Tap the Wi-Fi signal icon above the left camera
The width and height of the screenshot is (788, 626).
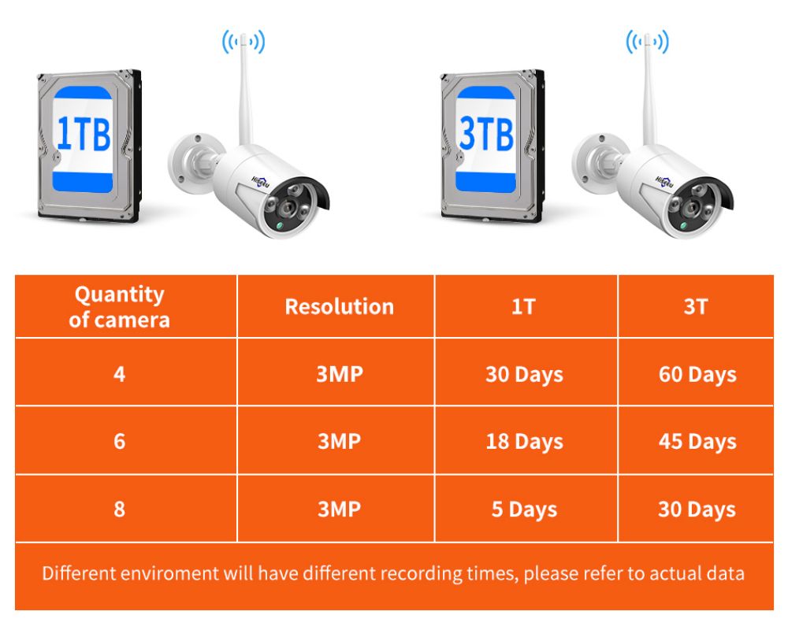tap(243, 41)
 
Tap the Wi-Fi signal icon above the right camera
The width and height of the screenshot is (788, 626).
tap(647, 41)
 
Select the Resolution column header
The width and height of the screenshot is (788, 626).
tap(339, 306)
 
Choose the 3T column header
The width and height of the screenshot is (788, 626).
tap(696, 306)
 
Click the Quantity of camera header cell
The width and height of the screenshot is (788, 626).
tap(119, 306)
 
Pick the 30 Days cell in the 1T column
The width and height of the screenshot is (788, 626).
tap(524, 374)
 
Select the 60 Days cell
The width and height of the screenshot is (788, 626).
tap(697, 374)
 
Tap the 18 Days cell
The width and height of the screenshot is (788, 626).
tap(524, 441)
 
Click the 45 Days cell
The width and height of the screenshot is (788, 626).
tap(697, 441)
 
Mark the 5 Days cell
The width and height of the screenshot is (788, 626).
tap(524, 509)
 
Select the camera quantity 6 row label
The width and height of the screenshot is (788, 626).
tap(119, 441)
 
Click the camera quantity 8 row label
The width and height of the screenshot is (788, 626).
tap(119, 509)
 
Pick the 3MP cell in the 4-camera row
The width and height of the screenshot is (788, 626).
tap(340, 374)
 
